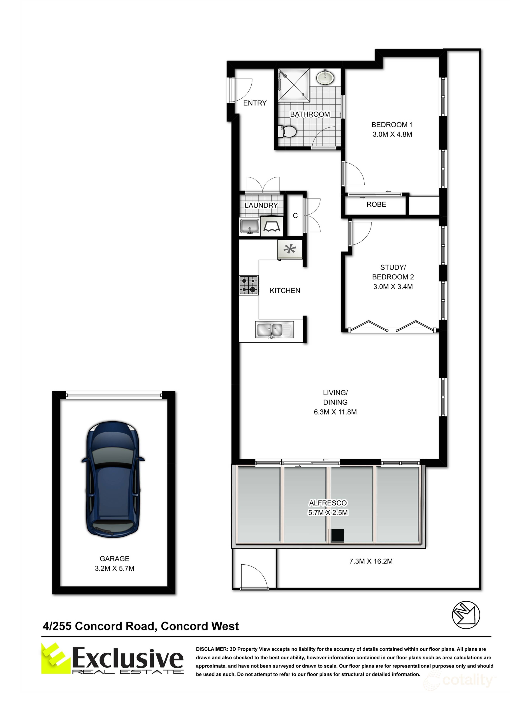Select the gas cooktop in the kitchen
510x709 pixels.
click(x=249, y=285)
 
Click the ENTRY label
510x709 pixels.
click(x=255, y=103)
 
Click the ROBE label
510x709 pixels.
click(x=376, y=204)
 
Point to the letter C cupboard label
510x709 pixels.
click(x=295, y=216)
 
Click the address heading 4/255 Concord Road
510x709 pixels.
click(x=141, y=626)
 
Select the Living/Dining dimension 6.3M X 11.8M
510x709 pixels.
click(x=335, y=412)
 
